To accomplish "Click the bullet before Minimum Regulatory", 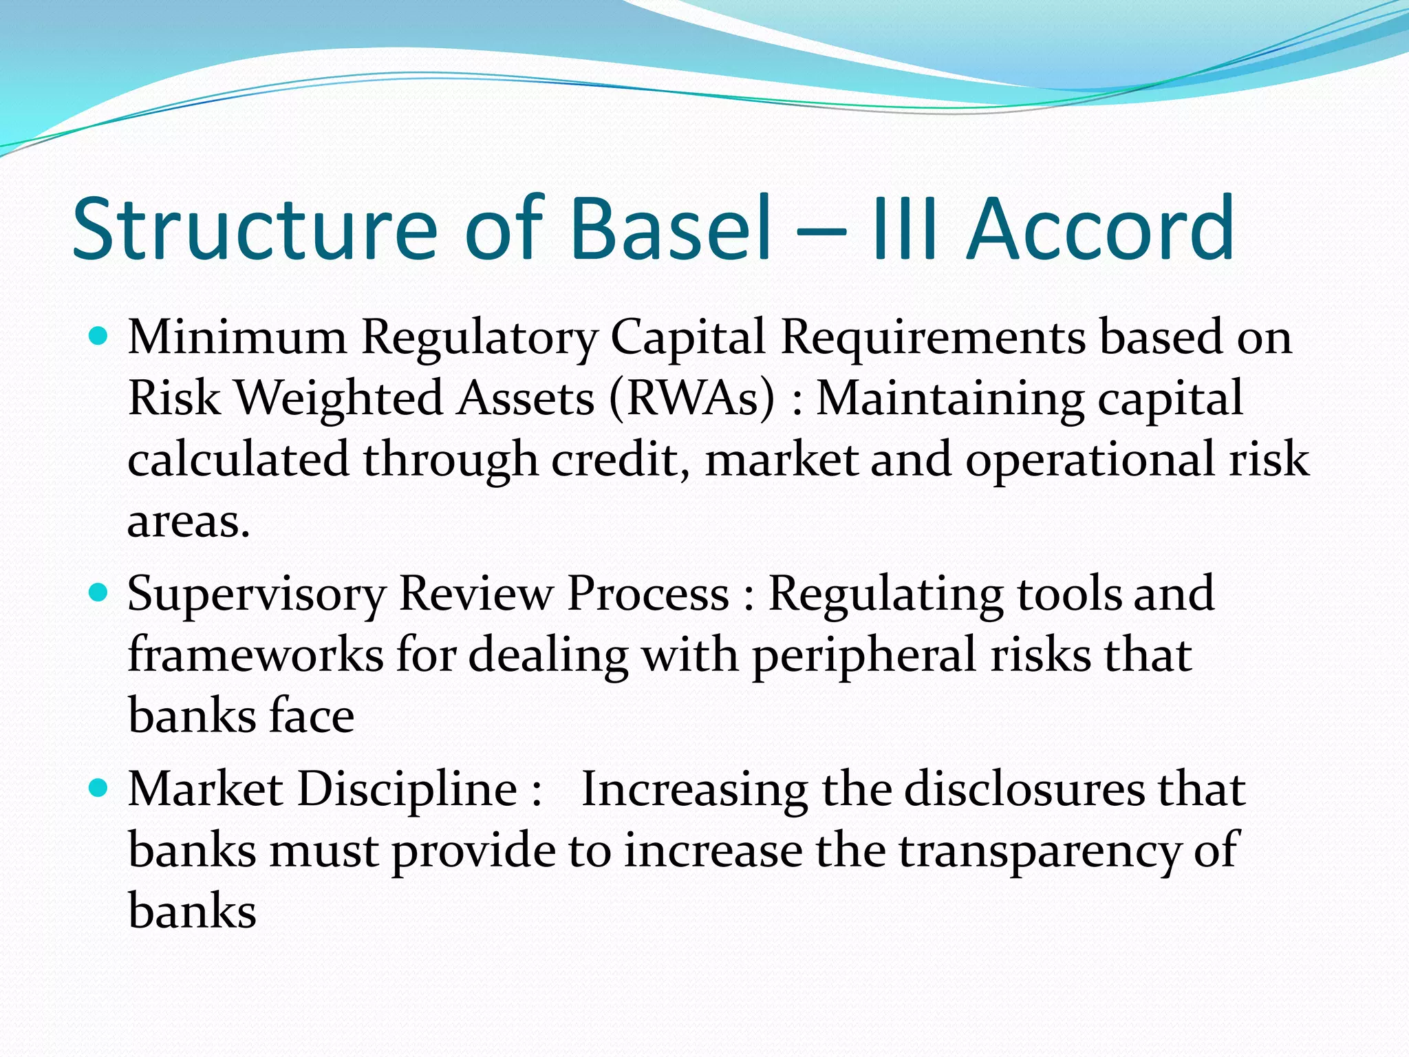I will (99, 337).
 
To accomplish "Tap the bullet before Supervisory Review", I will (99, 592).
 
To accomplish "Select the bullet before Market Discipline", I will (99, 788).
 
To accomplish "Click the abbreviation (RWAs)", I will (692, 398).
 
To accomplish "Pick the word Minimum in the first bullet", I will (237, 337).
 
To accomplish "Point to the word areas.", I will (188, 522).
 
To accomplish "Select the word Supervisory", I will (257, 594).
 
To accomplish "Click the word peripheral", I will (863, 655).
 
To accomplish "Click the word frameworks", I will (255, 654).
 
